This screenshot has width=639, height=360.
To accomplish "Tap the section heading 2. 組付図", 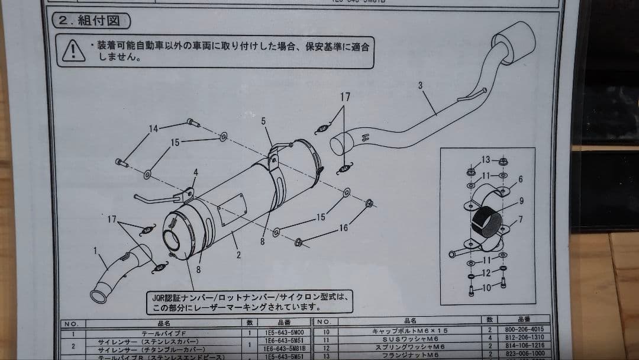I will (x=92, y=21).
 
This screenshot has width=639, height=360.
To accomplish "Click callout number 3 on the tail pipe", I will (x=420, y=85).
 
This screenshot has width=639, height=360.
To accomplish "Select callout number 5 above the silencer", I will (x=263, y=121).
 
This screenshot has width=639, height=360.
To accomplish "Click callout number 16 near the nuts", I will (x=343, y=228).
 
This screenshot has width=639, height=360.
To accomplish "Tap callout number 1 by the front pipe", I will (x=95, y=250).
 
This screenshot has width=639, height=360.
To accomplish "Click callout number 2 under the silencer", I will (x=238, y=255).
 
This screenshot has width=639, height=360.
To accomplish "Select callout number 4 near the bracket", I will (x=195, y=173).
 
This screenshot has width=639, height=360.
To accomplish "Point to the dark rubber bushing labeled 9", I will (x=487, y=226).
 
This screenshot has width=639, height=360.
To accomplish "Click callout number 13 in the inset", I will (x=485, y=160).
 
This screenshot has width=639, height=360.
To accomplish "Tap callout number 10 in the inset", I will (x=485, y=288).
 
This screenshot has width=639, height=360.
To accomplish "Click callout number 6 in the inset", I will (x=520, y=179).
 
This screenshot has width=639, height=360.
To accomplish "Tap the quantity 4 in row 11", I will (x=490, y=338).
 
